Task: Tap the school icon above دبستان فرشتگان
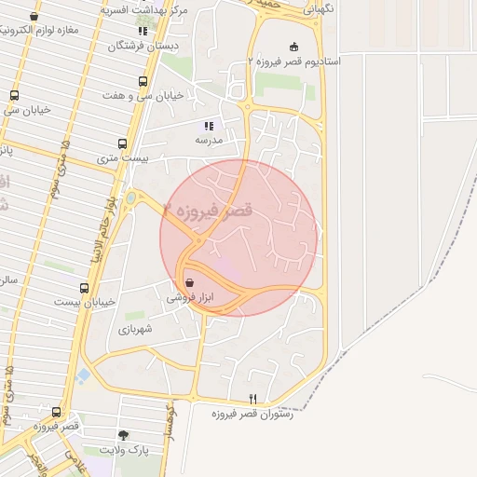(x=143, y=31)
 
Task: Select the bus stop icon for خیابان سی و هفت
(x=143, y=82)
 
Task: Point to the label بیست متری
(x=122, y=159)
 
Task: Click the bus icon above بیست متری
(x=122, y=143)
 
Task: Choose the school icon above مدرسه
(x=209, y=125)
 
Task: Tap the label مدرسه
(x=209, y=140)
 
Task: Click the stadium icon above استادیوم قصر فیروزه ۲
(x=294, y=47)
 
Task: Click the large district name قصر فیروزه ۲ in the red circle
(x=209, y=211)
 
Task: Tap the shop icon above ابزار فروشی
(x=189, y=282)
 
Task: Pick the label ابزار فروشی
(x=189, y=297)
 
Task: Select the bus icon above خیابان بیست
(x=85, y=288)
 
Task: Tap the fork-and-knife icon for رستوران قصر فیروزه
(x=252, y=399)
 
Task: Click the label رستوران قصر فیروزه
(x=252, y=414)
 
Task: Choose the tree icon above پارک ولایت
(x=124, y=435)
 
